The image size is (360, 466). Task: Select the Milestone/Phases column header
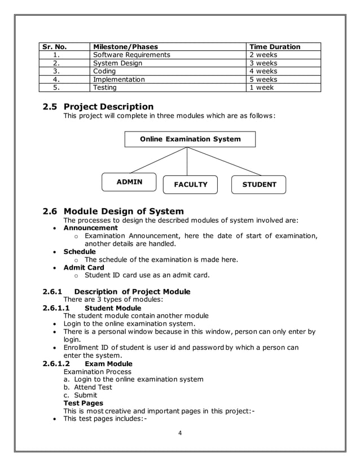[x=125, y=47]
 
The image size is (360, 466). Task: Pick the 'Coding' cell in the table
[x=104, y=72]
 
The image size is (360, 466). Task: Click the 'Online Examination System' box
[x=190, y=139]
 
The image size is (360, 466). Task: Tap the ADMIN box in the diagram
[x=129, y=182]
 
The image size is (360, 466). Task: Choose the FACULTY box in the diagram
[x=191, y=184]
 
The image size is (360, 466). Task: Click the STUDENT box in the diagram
[x=259, y=184]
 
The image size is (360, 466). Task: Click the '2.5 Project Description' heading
[x=98, y=107]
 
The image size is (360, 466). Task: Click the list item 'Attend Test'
[x=93, y=387]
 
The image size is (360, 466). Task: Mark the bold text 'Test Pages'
[x=83, y=403]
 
